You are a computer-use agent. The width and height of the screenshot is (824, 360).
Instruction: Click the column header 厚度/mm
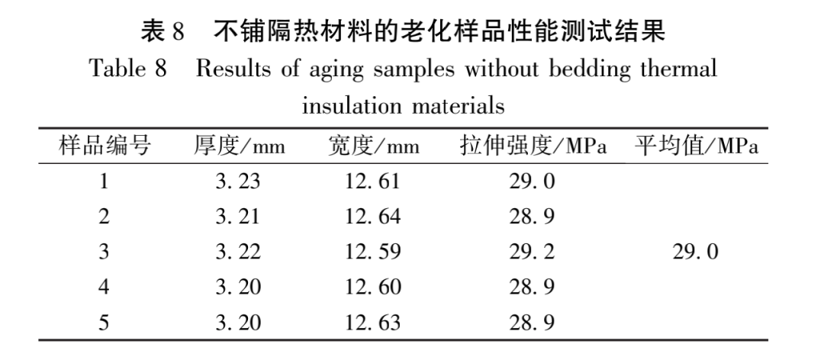[x=238, y=146]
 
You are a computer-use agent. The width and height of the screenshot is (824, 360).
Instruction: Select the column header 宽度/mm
[x=372, y=146]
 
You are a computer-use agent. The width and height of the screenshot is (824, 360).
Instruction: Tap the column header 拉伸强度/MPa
[x=533, y=146]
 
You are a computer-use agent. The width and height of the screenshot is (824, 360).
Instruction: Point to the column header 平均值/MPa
[x=697, y=146]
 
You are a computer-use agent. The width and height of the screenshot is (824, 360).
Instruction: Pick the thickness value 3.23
[x=238, y=182]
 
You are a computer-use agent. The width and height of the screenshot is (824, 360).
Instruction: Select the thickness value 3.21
[x=238, y=217]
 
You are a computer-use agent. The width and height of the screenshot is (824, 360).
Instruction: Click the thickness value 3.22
[x=238, y=252]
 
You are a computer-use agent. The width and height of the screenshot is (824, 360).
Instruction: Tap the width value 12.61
[x=372, y=182]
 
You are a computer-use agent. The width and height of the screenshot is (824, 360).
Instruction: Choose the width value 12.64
[x=372, y=217]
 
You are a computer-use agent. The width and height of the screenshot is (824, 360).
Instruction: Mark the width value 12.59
[x=372, y=252]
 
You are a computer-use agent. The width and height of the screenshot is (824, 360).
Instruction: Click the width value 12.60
[x=372, y=288]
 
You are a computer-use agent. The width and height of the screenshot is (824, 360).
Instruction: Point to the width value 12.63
[x=372, y=323]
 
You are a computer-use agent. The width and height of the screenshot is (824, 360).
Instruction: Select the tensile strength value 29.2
[x=533, y=252]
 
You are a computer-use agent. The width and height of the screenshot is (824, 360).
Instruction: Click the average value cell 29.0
[x=695, y=252]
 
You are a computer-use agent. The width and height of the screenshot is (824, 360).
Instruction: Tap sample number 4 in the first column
[x=104, y=288]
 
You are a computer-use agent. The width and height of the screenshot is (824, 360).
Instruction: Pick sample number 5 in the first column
[x=104, y=323]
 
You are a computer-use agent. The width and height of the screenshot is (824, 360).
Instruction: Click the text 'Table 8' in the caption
[x=128, y=69]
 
